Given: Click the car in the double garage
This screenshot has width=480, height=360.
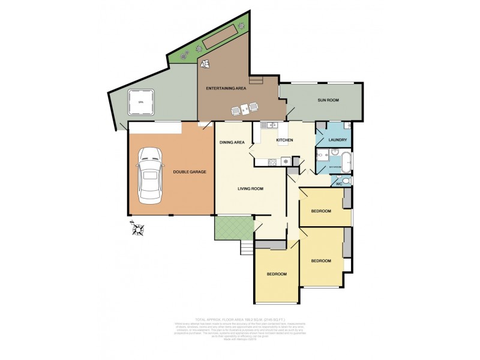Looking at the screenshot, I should point(149,175).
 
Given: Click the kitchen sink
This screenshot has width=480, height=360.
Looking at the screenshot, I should point(268,125).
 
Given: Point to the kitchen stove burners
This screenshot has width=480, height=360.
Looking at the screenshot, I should point(272,161).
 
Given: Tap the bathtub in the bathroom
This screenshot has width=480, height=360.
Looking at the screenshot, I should point(346,161).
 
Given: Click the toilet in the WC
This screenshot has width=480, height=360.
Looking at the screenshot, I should point(346,181).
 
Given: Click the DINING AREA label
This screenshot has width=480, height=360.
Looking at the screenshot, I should point(232,142).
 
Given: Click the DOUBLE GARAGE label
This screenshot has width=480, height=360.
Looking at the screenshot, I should point(190,172).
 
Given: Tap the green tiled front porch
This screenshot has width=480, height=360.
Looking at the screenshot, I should point(234,227).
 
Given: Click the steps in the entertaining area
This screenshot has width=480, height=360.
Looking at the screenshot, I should point(256,80).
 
